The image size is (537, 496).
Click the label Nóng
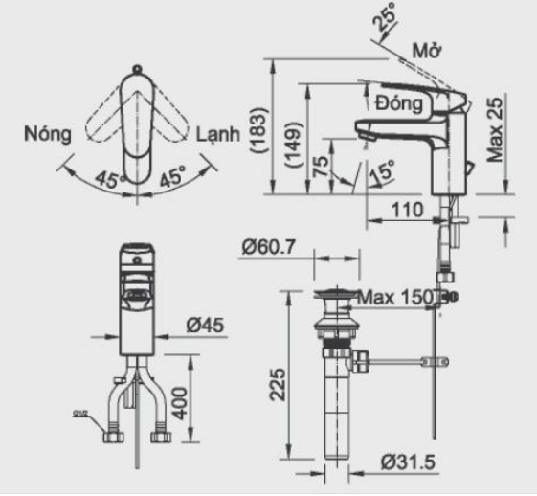tap(48, 134)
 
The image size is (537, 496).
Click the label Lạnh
tap(219, 134)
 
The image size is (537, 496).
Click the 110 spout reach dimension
tap(408, 207)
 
